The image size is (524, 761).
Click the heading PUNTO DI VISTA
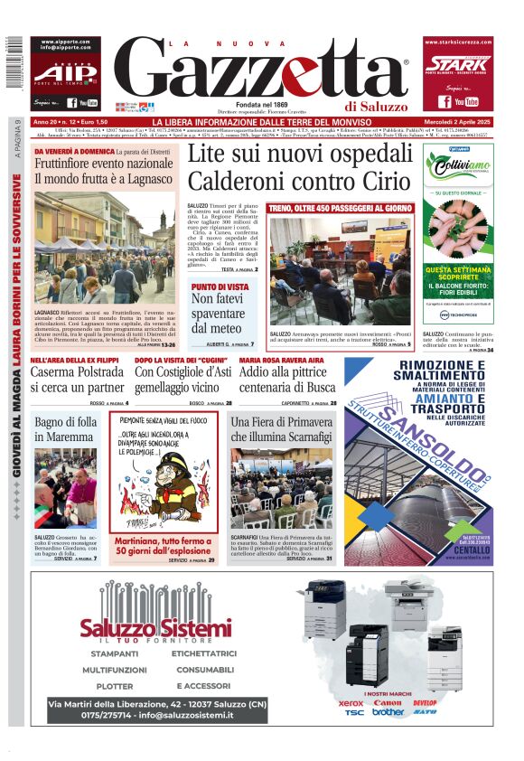(220, 287)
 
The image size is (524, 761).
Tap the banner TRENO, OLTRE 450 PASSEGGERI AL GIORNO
(340, 209)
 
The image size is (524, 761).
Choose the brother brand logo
(388, 712)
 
